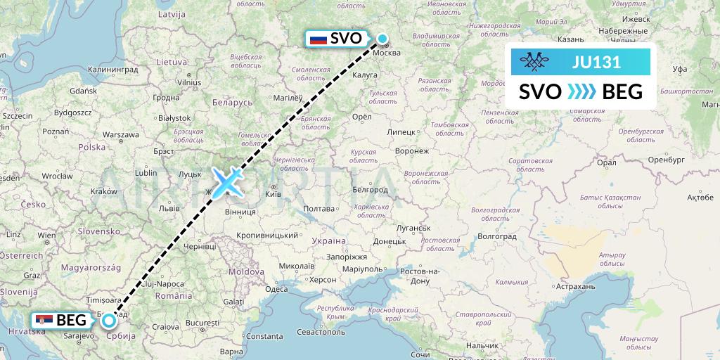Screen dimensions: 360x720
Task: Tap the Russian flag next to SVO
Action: (319, 39)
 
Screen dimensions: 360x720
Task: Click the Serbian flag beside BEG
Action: (44, 321)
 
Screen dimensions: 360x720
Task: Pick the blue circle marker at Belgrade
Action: (109, 321)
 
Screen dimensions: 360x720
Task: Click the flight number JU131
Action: (596, 63)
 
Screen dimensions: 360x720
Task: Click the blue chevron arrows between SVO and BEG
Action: (581, 91)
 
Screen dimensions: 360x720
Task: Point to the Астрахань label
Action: (574, 286)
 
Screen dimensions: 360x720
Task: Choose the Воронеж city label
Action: (412, 151)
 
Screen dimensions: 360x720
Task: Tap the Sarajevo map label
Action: (73, 337)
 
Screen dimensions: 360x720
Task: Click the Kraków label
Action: (103, 191)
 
